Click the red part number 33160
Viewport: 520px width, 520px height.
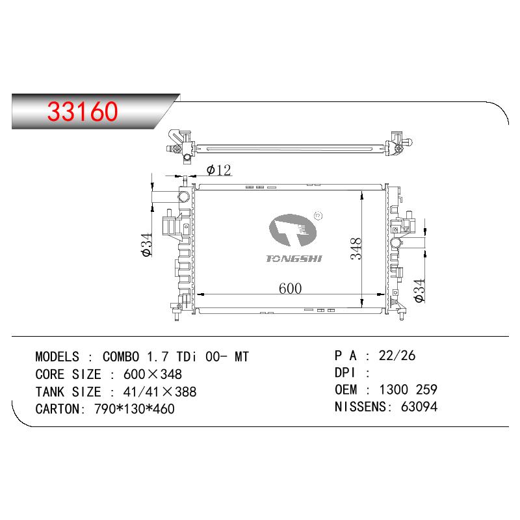[83, 110]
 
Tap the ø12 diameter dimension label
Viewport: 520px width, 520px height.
[218, 170]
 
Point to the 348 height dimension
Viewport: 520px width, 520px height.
[356, 248]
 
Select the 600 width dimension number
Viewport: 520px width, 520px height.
[290, 289]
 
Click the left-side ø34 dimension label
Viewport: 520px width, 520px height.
[146, 245]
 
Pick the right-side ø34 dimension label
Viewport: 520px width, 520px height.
[419, 291]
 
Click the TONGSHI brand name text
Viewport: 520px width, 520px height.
[294, 258]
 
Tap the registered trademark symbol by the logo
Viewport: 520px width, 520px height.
[318, 216]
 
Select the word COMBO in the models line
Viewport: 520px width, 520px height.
[121, 357]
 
